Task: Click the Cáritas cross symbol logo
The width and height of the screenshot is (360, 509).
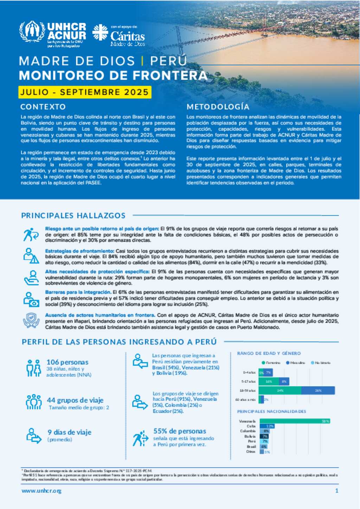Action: (100, 32)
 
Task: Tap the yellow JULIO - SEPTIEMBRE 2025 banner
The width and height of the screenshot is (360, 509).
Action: (85, 92)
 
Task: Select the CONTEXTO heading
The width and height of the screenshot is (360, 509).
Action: (43, 107)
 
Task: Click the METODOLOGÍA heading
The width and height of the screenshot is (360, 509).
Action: (218, 107)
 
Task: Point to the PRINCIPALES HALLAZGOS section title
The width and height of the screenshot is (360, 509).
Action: (73, 215)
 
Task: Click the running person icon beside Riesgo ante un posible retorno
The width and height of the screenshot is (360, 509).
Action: (31, 235)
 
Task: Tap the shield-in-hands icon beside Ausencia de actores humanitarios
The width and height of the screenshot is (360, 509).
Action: (31, 320)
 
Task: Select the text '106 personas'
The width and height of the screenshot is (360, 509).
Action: (67, 362)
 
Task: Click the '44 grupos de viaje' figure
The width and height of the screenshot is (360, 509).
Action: (75, 400)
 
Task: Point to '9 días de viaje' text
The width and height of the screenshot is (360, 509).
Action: (70, 432)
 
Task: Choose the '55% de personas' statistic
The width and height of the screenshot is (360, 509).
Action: (180, 431)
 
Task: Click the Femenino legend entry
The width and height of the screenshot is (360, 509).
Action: (271, 363)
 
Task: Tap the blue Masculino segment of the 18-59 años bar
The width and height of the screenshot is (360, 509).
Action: (318, 390)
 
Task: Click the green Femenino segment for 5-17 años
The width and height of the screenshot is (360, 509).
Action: (269, 381)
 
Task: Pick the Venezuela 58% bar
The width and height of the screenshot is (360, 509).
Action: (295, 421)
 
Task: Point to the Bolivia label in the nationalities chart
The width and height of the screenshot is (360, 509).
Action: (250, 436)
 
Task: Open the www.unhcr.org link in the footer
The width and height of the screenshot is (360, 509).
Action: (41, 491)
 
